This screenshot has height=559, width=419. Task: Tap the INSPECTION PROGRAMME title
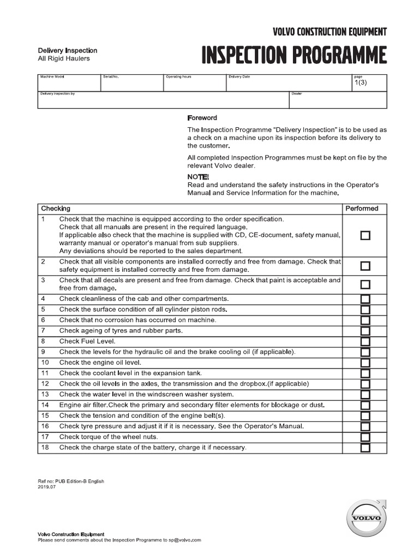pos(295,56)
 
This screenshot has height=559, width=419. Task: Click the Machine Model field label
pos(52,78)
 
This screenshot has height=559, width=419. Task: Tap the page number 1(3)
pos(361,83)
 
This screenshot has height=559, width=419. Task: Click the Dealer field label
pos(297,94)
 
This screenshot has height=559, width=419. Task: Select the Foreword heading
pos(202,118)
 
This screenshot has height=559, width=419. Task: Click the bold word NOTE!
pos(197,177)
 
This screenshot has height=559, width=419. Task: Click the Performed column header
pos(362,209)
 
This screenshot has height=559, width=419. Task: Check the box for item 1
pos(365,235)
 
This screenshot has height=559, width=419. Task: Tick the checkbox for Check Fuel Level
pos(365,342)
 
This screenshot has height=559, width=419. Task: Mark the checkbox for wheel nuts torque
pos(365,437)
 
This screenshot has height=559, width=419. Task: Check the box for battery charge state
pos(365,448)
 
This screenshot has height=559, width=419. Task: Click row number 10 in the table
pos(45,362)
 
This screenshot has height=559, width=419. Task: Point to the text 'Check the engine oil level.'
pos(100,362)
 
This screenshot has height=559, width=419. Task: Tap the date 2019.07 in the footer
pos(47,487)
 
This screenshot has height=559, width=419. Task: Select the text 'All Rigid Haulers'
pos(64,58)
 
